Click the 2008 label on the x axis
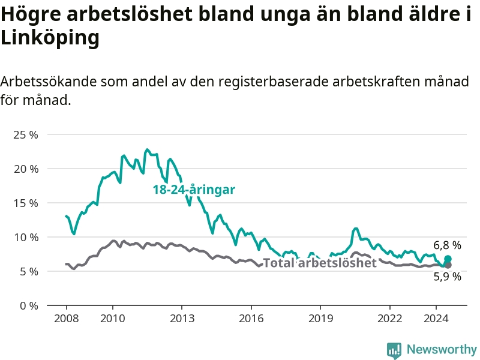click(67, 319)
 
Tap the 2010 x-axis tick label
click(113, 319)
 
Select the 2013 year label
click(182, 319)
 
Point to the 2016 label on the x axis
click(251, 319)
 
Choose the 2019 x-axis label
click(320, 319)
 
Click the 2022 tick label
click(389, 319)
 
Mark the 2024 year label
click(436, 319)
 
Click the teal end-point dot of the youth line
click(448, 259)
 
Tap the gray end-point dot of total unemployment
click(448, 265)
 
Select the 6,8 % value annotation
click(447, 245)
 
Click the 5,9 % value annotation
click(447, 277)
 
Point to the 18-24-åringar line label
click(194, 190)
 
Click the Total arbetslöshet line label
click(320, 263)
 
